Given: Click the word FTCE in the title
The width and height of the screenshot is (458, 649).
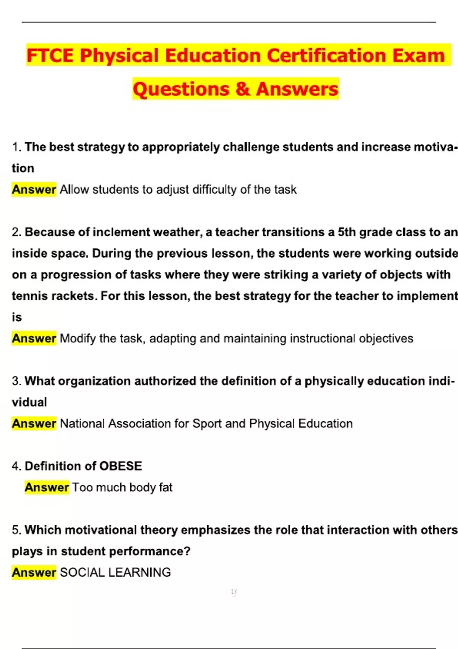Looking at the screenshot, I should click(x=50, y=56).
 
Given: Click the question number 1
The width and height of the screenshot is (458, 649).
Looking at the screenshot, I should click(x=16, y=147).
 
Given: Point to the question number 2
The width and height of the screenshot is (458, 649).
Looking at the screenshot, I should click(x=16, y=232).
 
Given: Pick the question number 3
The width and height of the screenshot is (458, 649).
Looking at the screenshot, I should click(x=16, y=381).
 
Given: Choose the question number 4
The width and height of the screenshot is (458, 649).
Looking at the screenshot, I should click(x=16, y=466).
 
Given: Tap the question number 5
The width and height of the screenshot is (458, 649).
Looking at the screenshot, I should click(x=16, y=530).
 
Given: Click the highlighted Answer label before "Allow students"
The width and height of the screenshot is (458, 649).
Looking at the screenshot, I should click(x=34, y=189).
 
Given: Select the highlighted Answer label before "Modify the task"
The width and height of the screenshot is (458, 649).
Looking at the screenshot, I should click(x=34, y=338).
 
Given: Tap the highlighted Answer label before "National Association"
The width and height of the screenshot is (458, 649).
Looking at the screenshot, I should click(x=34, y=423).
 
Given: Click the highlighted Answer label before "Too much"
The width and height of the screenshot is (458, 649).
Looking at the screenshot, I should click(x=47, y=488).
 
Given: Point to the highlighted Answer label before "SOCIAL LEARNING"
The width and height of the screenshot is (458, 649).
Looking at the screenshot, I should click(x=34, y=572).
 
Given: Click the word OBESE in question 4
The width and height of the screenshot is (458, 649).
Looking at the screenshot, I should click(x=121, y=466).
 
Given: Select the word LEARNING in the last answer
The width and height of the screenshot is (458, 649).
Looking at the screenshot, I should click(x=140, y=572).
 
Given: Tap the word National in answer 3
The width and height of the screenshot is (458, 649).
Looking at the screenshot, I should click(x=82, y=423).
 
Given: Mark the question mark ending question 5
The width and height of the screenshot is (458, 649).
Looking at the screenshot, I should click(x=187, y=551).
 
